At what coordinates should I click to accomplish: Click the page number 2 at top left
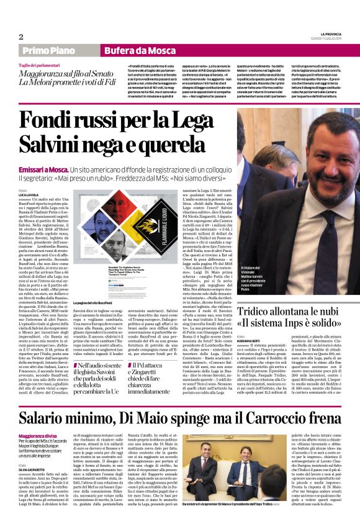(x=21, y=37)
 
